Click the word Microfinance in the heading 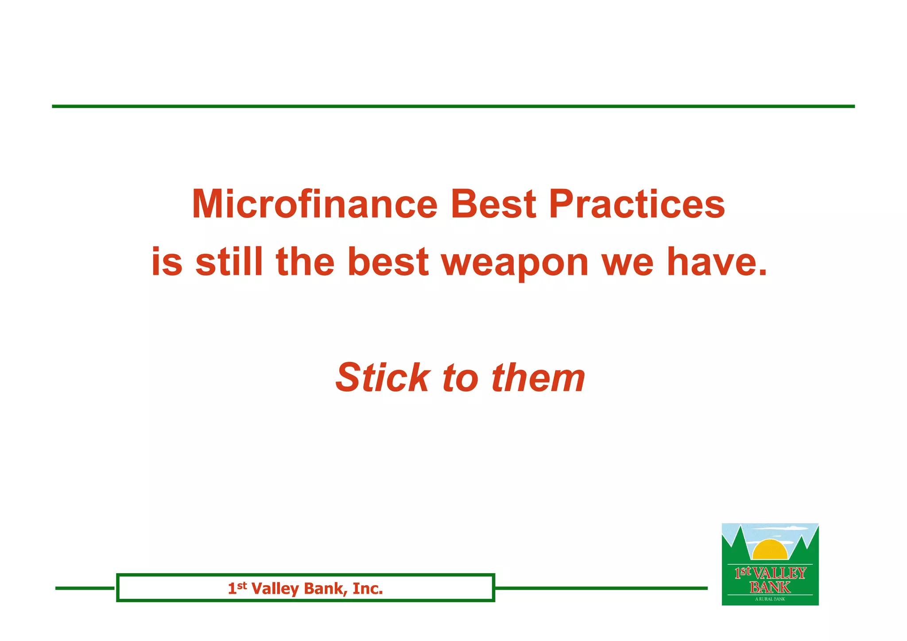pyautogui.click(x=314, y=204)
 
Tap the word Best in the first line pyautogui.click(x=493, y=204)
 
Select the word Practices pyautogui.click(x=637, y=204)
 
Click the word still pyautogui.click(x=229, y=262)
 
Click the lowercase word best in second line pyautogui.click(x=388, y=262)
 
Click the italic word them pyautogui.click(x=538, y=377)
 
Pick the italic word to pyautogui.click(x=460, y=378)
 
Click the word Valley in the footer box pyautogui.click(x=275, y=589)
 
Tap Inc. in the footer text pyautogui.click(x=368, y=588)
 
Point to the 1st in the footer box pyautogui.click(x=237, y=588)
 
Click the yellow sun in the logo pyautogui.click(x=770, y=551)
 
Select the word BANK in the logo pyautogui.click(x=770, y=587)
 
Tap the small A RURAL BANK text pyautogui.click(x=770, y=599)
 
